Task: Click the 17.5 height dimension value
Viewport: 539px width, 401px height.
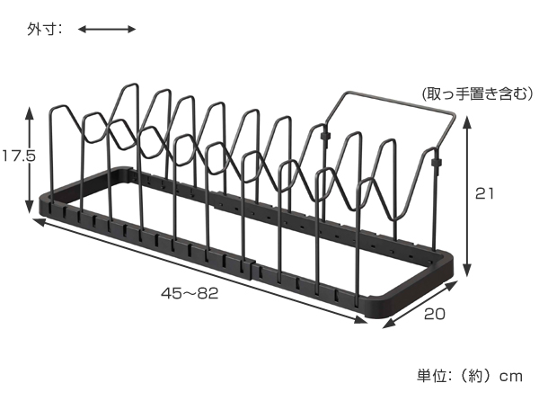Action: pos(19,156)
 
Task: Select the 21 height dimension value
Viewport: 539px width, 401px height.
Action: pos(484,194)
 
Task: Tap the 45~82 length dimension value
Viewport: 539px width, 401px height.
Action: pos(190,293)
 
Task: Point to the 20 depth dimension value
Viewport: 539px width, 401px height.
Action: pos(434,314)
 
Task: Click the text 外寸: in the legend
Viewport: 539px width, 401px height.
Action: pos(44,30)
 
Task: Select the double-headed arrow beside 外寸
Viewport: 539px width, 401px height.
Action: pos(107,30)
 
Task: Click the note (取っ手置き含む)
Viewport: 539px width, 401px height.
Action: pos(478,94)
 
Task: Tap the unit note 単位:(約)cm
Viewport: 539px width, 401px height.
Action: pos(470,376)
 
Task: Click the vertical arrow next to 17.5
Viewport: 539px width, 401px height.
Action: pos(30,160)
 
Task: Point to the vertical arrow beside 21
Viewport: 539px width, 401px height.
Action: pos(467,196)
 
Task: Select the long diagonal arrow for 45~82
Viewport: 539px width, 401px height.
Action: pos(200,271)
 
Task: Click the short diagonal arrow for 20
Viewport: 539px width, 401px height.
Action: pos(420,305)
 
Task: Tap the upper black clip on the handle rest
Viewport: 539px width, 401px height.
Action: pos(324,136)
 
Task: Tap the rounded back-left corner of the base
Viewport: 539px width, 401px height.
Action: pos(122,169)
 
